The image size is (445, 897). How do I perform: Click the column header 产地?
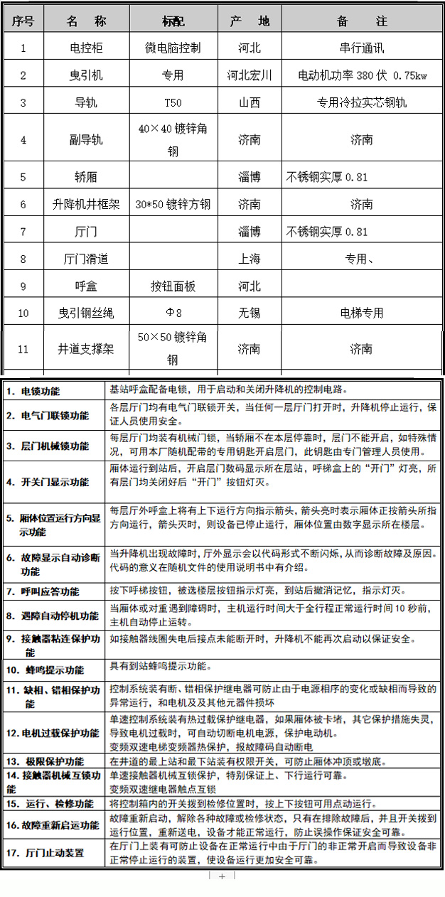tap(250, 21)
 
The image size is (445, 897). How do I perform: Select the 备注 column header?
tap(361, 21)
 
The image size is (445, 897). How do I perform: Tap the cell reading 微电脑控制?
tap(173, 48)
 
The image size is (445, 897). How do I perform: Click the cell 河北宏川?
tap(250, 75)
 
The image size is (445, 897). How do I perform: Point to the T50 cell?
tap(173, 102)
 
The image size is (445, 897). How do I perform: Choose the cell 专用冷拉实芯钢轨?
tap(361, 102)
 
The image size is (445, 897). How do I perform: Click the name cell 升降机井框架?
tap(86, 205)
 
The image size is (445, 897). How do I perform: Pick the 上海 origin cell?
tap(250, 259)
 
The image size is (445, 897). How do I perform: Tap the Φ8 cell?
tap(173, 313)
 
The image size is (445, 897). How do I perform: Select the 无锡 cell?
tap(250, 313)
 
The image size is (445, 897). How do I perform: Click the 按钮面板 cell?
tap(173, 286)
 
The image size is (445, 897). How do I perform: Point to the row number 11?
tap(23, 350)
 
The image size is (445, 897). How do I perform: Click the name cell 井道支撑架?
tap(86, 350)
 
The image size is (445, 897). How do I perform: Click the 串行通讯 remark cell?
tap(361, 48)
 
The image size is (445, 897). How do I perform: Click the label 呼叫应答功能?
tap(50, 591)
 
